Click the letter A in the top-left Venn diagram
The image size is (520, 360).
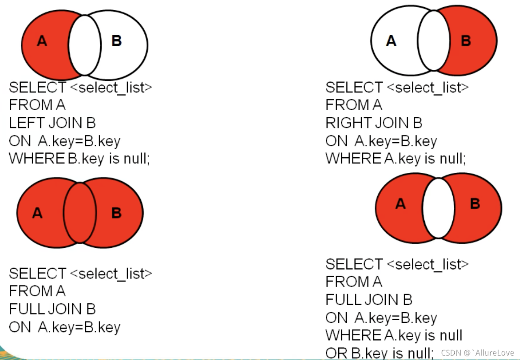click(42, 41)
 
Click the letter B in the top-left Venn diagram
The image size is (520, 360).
click(116, 41)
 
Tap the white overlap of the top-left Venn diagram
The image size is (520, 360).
click(85, 45)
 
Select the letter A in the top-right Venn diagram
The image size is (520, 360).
click(391, 41)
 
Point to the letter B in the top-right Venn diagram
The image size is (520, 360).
click(466, 41)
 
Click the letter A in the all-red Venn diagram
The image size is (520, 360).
click(37, 213)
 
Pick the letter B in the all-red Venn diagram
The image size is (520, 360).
click(116, 213)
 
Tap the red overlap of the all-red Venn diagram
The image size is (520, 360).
click(80, 213)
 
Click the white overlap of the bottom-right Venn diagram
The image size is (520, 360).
click(438, 208)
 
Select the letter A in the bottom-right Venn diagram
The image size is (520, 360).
click(400, 204)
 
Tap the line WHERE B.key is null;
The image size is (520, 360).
click(80, 158)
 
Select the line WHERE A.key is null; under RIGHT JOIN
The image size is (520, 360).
click(396, 158)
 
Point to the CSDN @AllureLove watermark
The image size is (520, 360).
click(477, 353)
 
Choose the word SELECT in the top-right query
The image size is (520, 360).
click(354, 88)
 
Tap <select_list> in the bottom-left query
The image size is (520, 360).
click(111, 274)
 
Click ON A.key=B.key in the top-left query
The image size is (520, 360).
click(64, 141)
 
